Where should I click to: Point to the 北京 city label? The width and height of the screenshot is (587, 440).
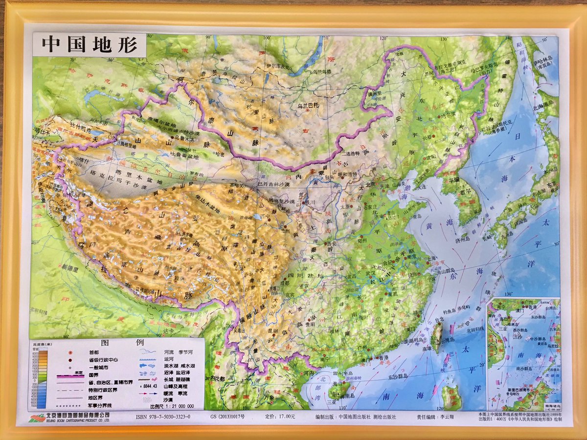point(370,184)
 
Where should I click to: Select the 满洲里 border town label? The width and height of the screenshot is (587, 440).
point(375,93)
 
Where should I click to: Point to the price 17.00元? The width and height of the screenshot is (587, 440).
point(280,417)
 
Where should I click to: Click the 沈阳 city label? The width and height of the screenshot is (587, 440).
point(430,157)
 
